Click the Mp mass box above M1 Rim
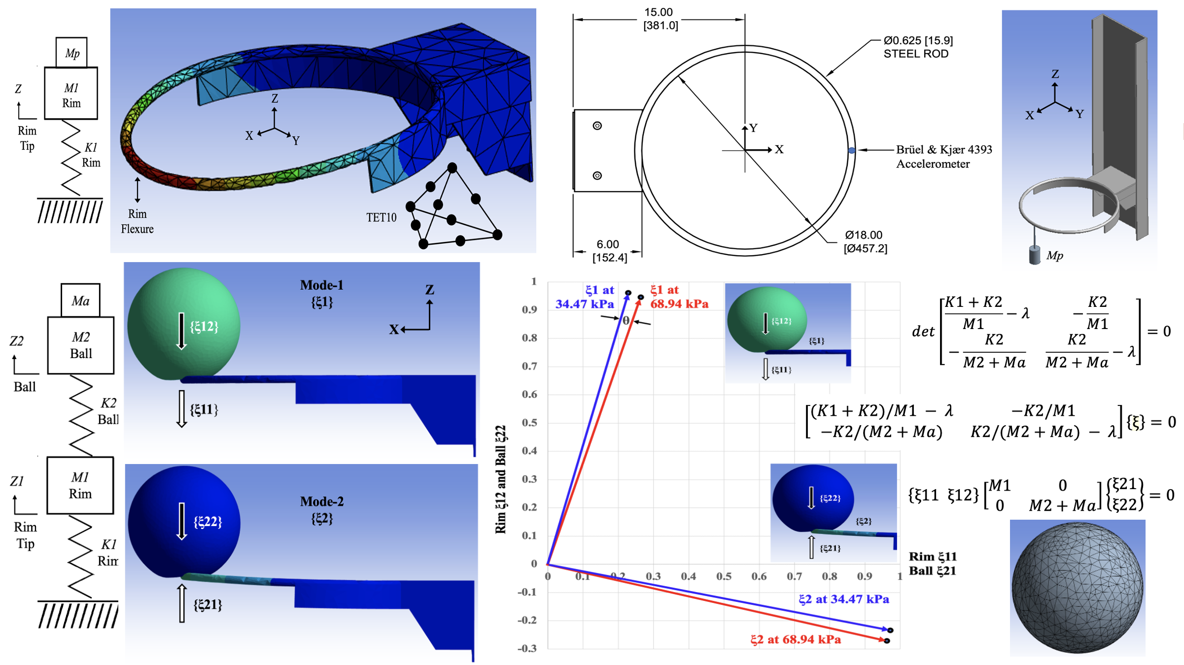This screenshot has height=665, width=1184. tap(71, 52)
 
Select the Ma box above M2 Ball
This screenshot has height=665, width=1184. tap(80, 300)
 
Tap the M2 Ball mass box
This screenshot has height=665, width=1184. tap(81, 345)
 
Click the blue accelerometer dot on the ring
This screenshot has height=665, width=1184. tap(851, 150)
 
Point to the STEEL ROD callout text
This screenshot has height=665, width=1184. tap(916, 54)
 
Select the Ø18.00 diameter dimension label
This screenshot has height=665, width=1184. tap(866, 241)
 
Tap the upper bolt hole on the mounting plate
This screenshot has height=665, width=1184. tap(597, 126)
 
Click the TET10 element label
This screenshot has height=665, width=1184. tap(381, 217)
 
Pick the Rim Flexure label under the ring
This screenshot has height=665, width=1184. tap(137, 221)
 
